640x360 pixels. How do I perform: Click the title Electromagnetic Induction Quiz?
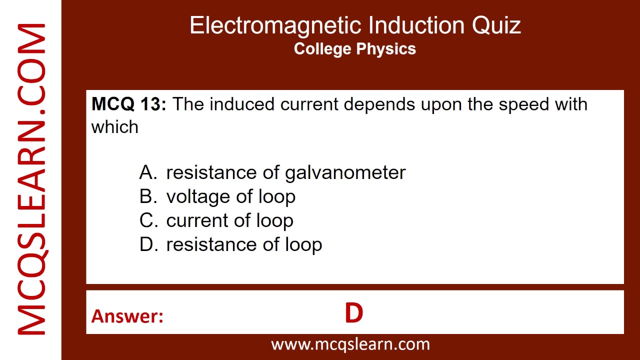[x=355, y=25]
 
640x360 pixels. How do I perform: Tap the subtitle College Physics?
[x=355, y=49]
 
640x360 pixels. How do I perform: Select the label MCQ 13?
[x=128, y=104]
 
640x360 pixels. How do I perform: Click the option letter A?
[x=148, y=172]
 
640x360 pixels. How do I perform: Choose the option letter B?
[x=148, y=196]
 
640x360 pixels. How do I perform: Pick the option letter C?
[x=148, y=220]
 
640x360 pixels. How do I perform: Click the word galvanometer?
[x=345, y=173]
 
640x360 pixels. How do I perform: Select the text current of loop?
[x=229, y=220]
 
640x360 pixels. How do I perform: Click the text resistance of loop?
[x=244, y=244]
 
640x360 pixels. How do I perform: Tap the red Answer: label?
[x=127, y=316]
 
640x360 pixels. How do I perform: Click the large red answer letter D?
[x=353, y=313]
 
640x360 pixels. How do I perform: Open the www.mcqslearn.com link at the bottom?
[x=350, y=344]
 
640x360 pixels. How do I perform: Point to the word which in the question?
[x=114, y=127]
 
